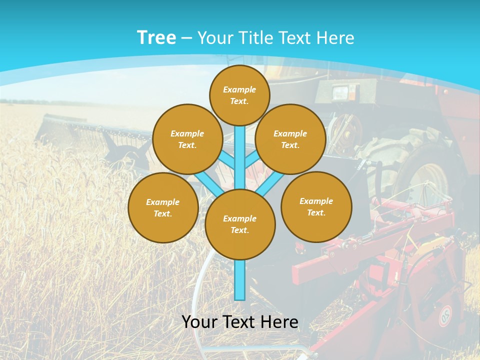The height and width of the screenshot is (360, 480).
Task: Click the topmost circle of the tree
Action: (x=239, y=95)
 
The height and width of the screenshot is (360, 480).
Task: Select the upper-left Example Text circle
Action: (x=187, y=139)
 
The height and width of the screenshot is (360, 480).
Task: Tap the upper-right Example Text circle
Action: (x=290, y=139)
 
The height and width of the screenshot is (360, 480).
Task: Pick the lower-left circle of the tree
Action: (x=163, y=207)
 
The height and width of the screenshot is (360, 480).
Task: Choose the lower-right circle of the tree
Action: (x=316, y=206)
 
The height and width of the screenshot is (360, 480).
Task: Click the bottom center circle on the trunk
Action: (x=240, y=224)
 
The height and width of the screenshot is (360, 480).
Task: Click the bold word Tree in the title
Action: (x=156, y=37)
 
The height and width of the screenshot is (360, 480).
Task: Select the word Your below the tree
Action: (x=199, y=322)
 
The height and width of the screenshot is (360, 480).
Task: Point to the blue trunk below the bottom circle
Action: (x=240, y=280)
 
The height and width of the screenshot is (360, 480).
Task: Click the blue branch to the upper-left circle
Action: (x=228, y=161)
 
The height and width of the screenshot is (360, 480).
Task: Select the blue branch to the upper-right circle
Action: (x=252, y=160)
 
